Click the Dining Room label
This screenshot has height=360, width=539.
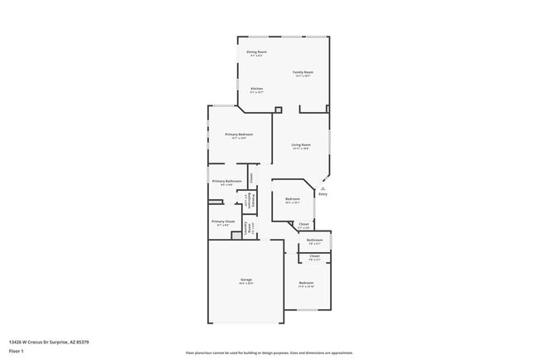pos(257,53)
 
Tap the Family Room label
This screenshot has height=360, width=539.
pos(303,74)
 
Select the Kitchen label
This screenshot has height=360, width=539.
pos(257,90)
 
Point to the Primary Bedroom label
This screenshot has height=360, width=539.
pos(239,135)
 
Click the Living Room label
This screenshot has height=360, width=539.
pos(300,147)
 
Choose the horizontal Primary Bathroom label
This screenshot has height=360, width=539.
pos(226,182)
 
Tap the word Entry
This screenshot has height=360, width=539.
pos(323,194)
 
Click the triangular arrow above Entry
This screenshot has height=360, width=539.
pos(323,188)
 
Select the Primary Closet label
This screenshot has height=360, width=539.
pos(223,222)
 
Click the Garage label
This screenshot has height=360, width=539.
pos(246,281)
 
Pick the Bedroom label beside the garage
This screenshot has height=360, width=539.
pos(307,285)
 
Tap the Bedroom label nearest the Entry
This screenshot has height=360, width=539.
pos(293,200)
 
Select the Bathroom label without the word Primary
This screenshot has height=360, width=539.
pos(315,241)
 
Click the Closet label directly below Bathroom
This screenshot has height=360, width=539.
pos(314,257)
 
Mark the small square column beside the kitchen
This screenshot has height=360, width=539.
pos(278,109)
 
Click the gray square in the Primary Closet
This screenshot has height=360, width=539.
pos(236,236)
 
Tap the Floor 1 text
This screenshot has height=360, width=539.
pos(17,351)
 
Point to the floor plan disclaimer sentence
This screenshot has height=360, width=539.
pos(269,353)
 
